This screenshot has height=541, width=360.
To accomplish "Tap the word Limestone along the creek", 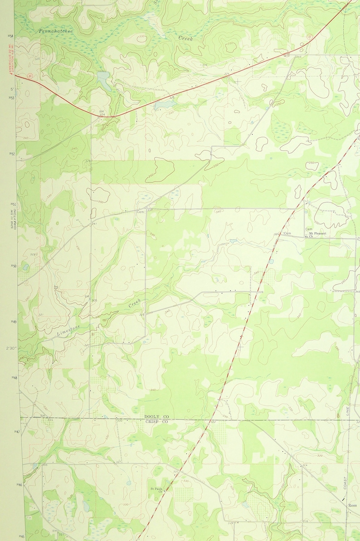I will (68, 330).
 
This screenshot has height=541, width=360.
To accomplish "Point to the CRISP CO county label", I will (156, 422).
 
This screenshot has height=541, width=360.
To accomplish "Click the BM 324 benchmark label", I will (102, 113).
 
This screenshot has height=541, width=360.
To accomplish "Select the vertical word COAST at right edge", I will (345, 483).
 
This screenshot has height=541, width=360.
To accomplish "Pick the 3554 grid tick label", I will (10, 36).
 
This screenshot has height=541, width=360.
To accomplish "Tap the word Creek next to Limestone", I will (135, 303).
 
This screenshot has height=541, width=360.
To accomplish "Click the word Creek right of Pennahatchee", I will (185, 39).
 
